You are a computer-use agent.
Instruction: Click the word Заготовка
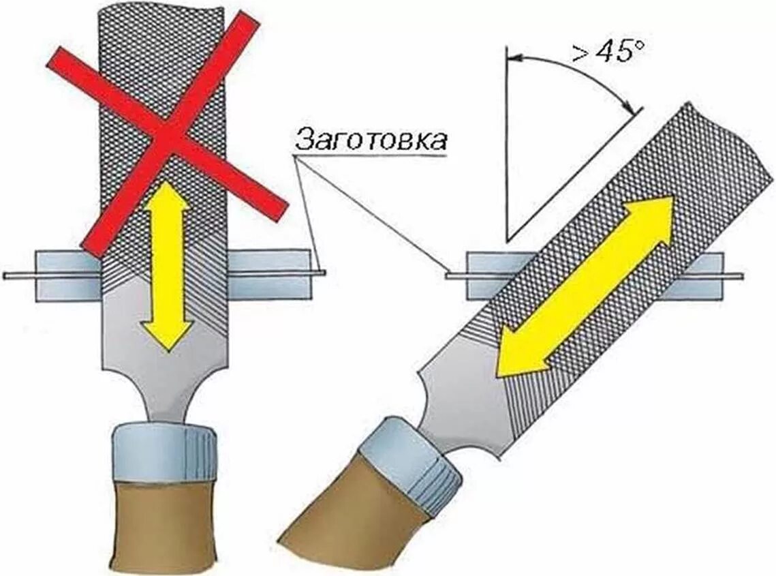(371, 140)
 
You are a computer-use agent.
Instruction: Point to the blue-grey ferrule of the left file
(165, 450)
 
